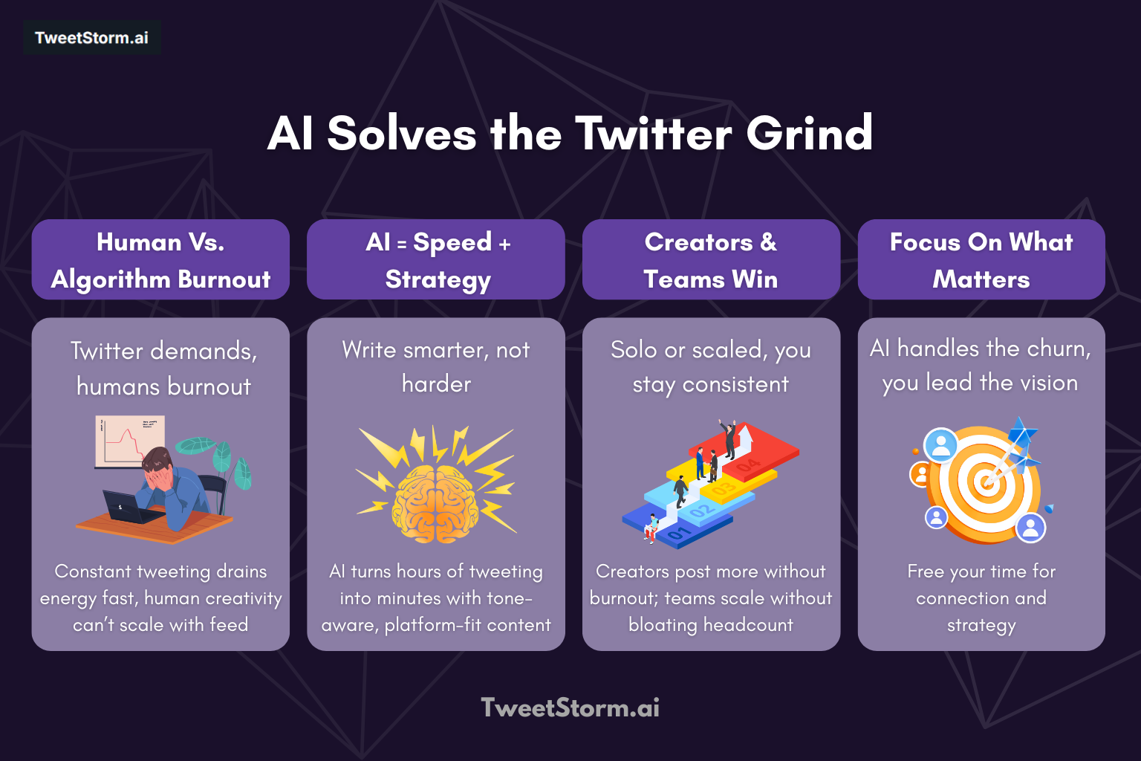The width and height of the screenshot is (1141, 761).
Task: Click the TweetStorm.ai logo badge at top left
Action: click(x=91, y=38)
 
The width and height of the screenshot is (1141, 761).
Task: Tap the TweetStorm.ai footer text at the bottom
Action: click(x=570, y=707)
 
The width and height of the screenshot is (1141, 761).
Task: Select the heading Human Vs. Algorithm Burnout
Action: click(x=160, y=260)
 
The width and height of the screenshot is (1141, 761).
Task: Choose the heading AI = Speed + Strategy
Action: click(x=437, y=260)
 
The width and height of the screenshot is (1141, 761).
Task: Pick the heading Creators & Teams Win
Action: click(x=711, y=260)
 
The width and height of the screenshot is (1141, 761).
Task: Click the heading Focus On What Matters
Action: click(x=981, y=260)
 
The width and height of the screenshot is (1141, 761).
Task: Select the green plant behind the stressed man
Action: click(x=223, y=461)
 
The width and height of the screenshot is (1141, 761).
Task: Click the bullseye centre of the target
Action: click(x=986, y=482)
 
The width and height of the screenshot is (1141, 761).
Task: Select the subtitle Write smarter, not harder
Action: click(x=436, y=366)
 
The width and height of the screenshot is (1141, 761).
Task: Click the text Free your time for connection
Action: click(x=981, y=584)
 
